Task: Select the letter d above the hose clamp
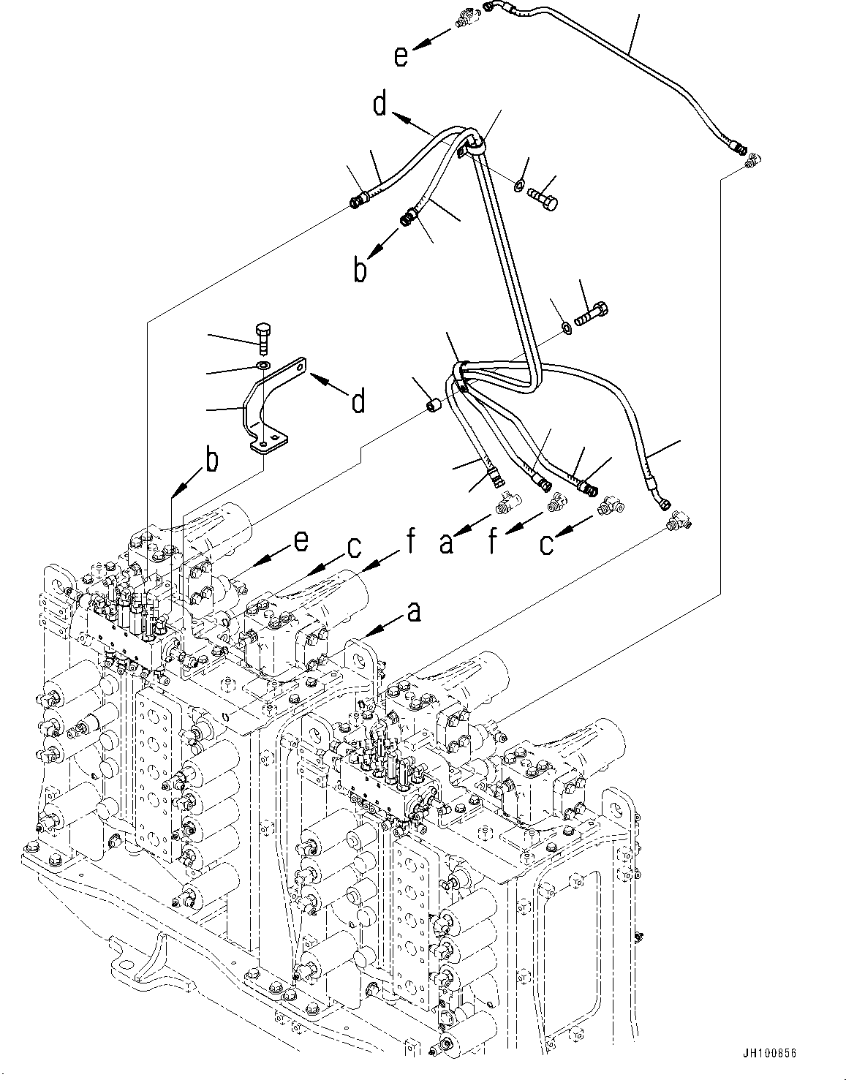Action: point(379,105)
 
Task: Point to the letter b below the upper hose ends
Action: point(360,270)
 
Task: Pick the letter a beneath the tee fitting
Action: point(446,543)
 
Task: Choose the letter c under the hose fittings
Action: point(547,543)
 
